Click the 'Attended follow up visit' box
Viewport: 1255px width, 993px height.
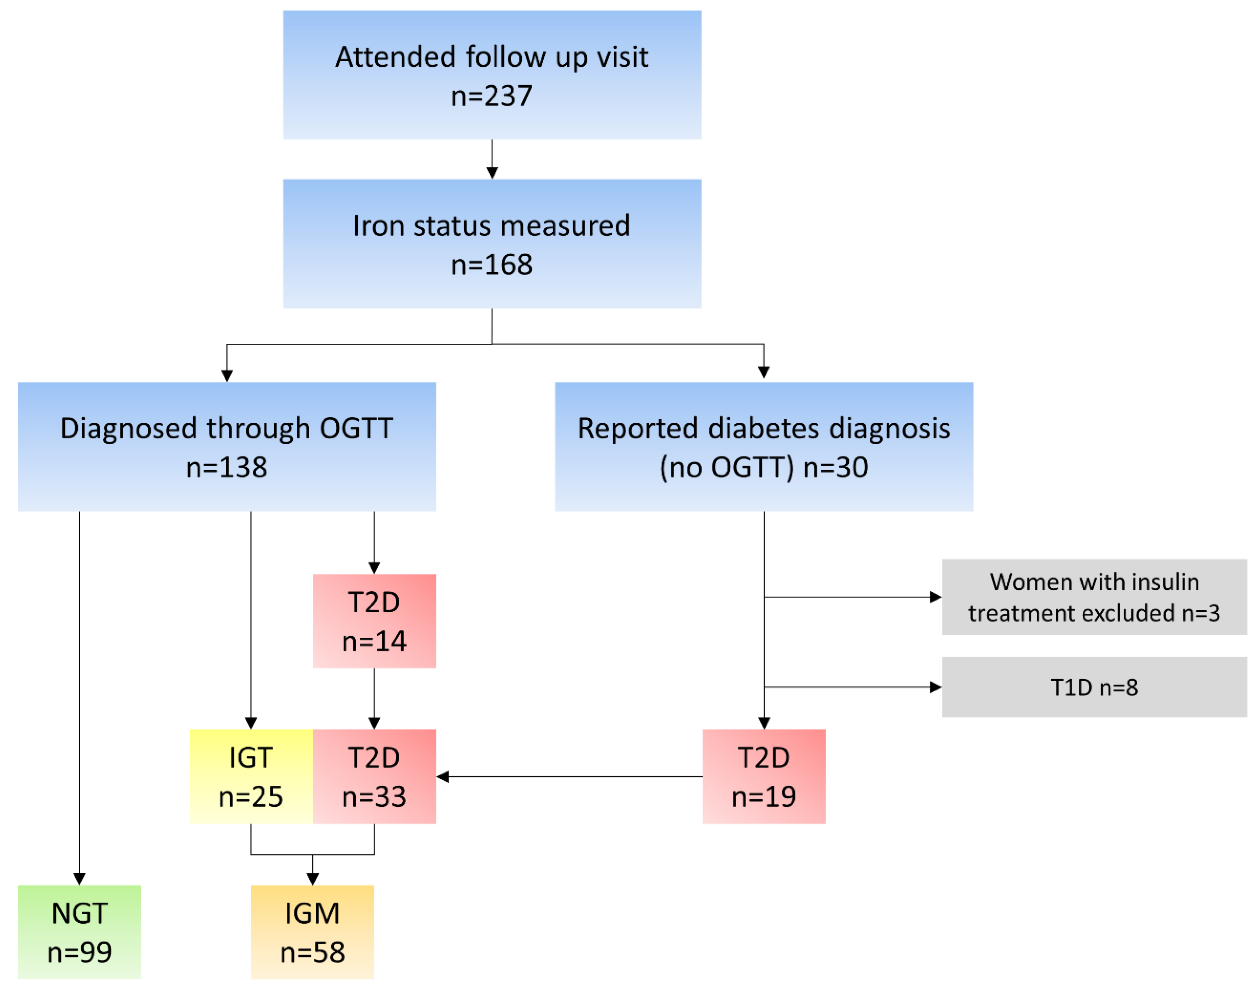click(492, 75)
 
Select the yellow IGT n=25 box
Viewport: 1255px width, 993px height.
click(251, 776)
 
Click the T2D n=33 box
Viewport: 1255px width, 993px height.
click(374, 776)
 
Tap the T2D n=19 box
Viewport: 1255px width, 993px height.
click(763, 776)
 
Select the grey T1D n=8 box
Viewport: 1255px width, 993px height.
click(1094, 687)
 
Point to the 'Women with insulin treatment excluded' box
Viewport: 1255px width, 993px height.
click(1094, 596)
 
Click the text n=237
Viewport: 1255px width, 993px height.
click(492, 95)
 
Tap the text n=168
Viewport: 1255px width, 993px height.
click(492, 265)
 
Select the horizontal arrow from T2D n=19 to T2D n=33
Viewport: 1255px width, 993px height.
click(570, 776)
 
